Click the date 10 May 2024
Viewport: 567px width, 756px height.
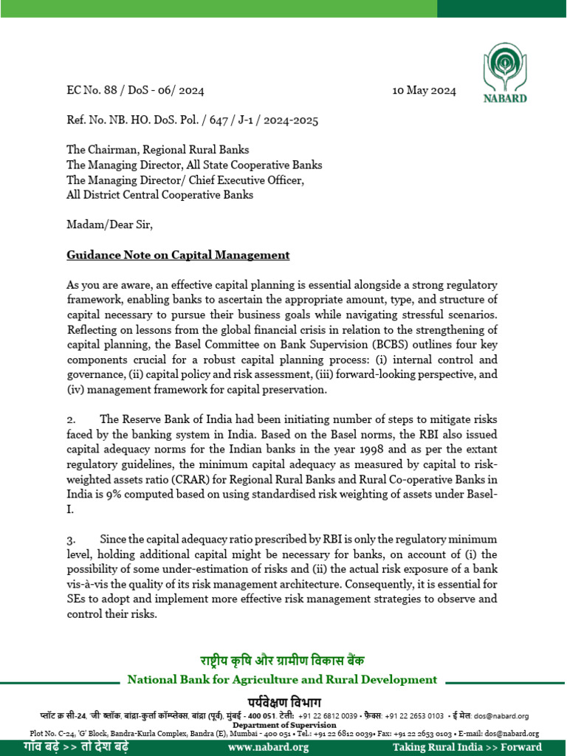[424, 92]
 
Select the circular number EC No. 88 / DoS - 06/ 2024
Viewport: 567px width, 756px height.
[135, 92]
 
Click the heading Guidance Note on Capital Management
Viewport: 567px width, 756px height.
[178, 255]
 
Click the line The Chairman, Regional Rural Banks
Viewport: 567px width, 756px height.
[158, 151]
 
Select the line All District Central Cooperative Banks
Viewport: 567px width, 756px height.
[159, 195]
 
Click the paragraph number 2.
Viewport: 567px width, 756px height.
[71, 420]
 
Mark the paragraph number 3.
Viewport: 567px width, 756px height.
[71, 540]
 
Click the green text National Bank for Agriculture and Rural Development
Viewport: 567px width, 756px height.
[282, 679]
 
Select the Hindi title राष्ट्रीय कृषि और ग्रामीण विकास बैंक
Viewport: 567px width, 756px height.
[282, 660]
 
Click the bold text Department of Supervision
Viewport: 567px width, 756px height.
[283, 725]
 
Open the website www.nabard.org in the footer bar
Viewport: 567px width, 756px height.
[269, 747]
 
